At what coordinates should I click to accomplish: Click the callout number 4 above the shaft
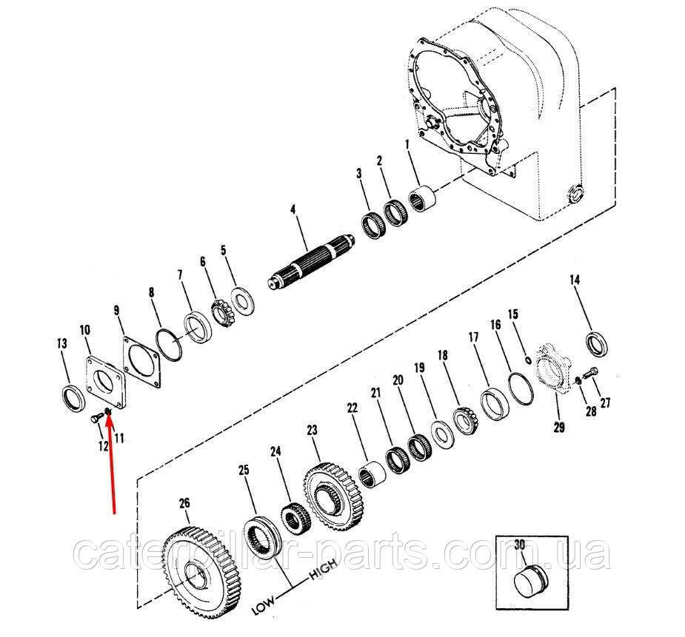293,210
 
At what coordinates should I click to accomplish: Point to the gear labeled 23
335,496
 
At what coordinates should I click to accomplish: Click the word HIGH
324,570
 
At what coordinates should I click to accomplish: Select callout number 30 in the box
519,545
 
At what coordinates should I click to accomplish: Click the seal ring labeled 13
70,397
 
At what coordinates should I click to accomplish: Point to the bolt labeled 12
96,419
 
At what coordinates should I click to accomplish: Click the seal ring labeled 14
597,344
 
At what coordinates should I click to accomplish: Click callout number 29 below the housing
559,427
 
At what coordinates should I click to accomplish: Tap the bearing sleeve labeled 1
422,200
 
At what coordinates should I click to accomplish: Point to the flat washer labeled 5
242,301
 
